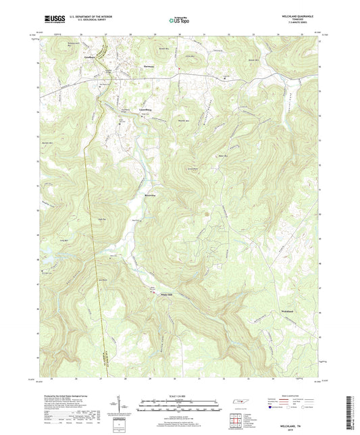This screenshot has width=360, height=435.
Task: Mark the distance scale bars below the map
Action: [180, 407]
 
